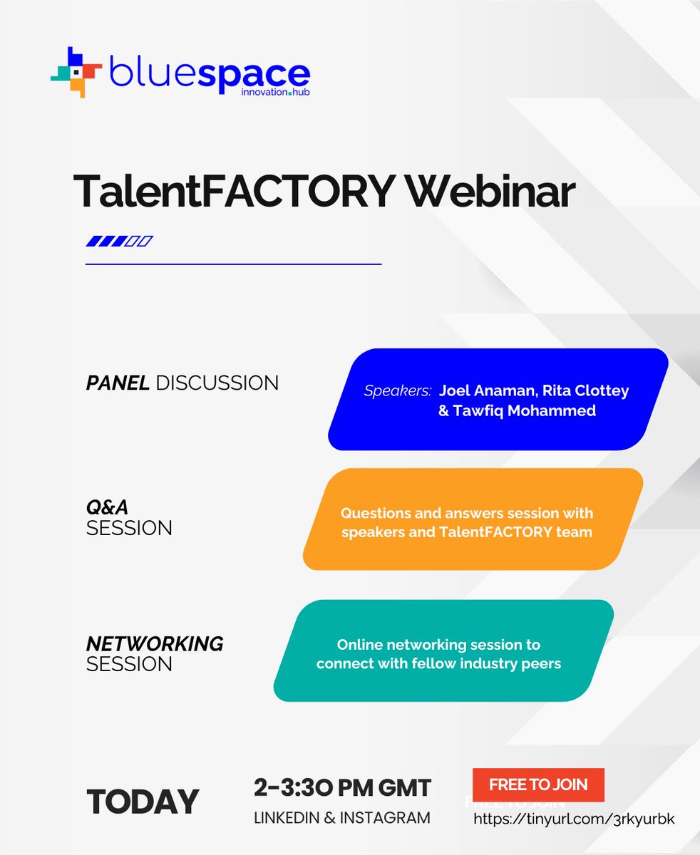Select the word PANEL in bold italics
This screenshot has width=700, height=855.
tap(118, 383)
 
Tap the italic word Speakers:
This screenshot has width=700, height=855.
tap(398, 391)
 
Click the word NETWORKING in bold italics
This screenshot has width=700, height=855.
tap(155, 644)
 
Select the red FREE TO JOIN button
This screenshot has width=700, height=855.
tap(538, 785)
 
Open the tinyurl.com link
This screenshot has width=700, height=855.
tap(574, 819)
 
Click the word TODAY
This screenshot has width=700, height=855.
tap(143, 802)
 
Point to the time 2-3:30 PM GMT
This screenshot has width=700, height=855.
tap(342, 788)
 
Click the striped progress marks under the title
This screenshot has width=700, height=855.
tap(119, 242)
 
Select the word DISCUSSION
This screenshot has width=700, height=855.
tap(217, 383)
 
